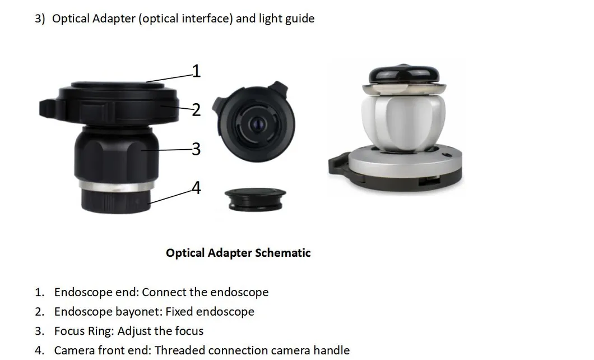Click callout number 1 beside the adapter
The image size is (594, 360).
click(x=196, y=71)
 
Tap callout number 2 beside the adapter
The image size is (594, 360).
click(x=196, y=110)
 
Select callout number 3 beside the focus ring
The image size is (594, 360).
click(x=196, y=149)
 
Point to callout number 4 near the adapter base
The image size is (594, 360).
click(x=196, y=188)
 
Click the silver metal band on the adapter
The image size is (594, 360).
click(x=117, y=186)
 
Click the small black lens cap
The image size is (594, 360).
click(x=256, y=199)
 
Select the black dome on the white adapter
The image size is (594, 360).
click(x=404, y=75)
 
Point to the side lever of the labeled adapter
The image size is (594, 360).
click(x=49, y=108)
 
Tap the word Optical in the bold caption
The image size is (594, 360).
click(x=185, y=253)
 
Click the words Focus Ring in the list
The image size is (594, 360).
click(x=83, y=331)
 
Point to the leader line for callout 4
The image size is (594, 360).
click(x=170, y=196)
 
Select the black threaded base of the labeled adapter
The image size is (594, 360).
click(x=116, y=201)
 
